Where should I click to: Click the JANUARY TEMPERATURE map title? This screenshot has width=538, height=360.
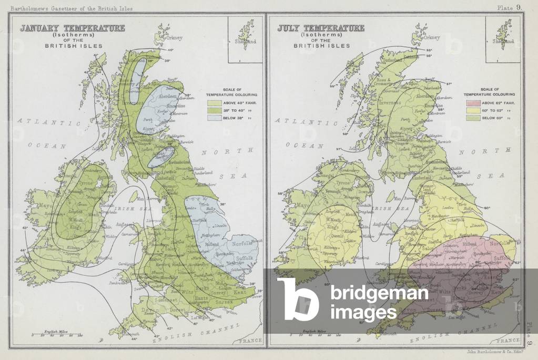coord(73,28)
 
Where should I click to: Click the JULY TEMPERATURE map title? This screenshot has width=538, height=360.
coord(321,28)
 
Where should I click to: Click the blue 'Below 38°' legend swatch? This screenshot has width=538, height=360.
coord(216,119)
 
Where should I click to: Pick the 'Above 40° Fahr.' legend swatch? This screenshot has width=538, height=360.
coord(216,103)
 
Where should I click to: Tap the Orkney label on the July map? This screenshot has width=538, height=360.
coord(432,38)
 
